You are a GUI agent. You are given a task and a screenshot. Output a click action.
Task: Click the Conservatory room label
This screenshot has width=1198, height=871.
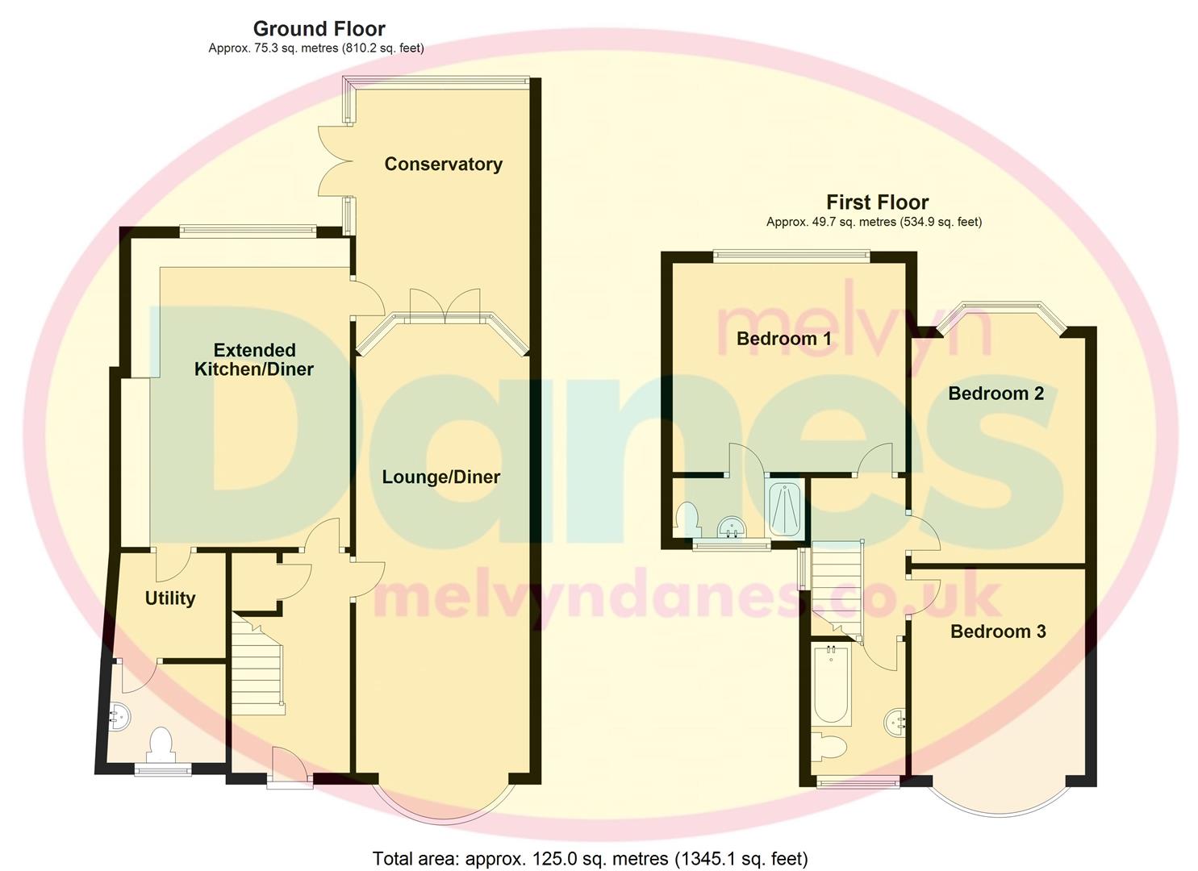click(x=443, y=164)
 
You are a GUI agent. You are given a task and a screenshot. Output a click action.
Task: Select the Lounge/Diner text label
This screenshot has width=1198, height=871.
click(x=440, y=477)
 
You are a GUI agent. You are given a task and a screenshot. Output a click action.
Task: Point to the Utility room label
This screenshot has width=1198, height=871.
click(x=169, y=598)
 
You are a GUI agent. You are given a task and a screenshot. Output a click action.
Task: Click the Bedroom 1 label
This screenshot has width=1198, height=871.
click(x=783, y=338)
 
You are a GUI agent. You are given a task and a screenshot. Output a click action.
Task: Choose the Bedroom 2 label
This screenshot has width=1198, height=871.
click(x=996, y=394)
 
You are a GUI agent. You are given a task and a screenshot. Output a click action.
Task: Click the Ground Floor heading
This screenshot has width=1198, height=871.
click(x=319, y=29)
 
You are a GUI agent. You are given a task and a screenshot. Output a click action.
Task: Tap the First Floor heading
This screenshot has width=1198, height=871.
click(x=877, y=202)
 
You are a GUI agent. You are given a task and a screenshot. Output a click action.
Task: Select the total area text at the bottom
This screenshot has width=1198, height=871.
click(x=590, y=858)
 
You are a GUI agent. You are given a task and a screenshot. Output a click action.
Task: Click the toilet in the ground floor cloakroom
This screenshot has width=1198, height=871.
click(x=161, y=744)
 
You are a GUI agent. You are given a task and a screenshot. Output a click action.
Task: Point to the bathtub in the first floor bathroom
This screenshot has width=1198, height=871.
click(x=830, y=685)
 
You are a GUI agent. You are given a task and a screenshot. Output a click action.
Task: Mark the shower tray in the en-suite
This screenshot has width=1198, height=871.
click(x=784, y=508)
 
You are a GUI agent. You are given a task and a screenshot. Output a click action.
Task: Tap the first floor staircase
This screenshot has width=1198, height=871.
click(x=836, y=586)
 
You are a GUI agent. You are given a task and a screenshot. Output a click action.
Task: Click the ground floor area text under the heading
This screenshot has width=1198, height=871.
click(x=315, y=48)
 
